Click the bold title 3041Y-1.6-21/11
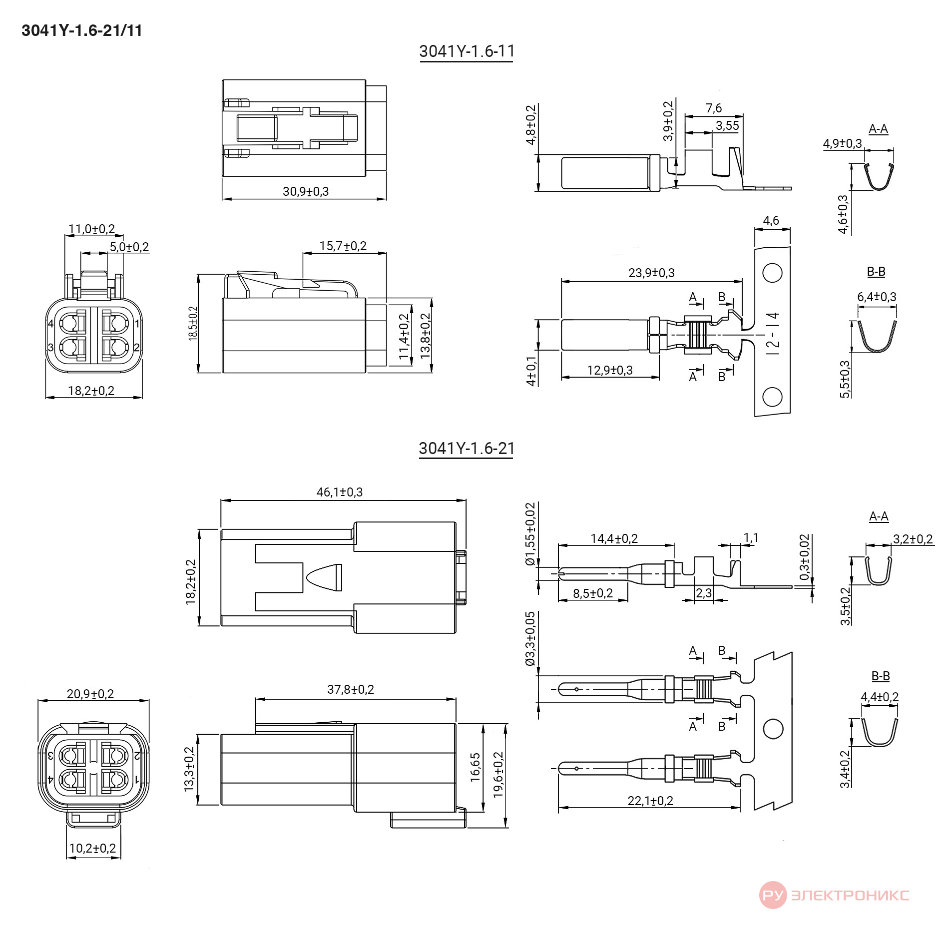pos(82,30)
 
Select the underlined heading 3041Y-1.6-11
pos(467,51)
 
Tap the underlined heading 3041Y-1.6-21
pos(467,449)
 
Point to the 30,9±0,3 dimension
pos(306,191)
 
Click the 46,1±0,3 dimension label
pos(340,492)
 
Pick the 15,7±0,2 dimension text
pos(343,246)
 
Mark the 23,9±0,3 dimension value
pos(651,273)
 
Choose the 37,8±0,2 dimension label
pos(351,689)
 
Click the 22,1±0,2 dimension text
pos(650,801)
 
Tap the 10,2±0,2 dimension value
pos(92,848)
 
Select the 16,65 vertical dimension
pos(475,767)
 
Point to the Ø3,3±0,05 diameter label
pos(530,639)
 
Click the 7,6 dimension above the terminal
pos(714,108)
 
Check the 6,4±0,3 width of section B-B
pos(877,297)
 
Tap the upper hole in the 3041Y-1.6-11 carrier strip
pos(772,273)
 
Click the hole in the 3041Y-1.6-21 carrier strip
pos(773,729)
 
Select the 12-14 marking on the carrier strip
pos(773,333)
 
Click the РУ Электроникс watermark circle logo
pos(773,895)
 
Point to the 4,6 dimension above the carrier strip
pos(771,220)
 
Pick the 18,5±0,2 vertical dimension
pos(193,324)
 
